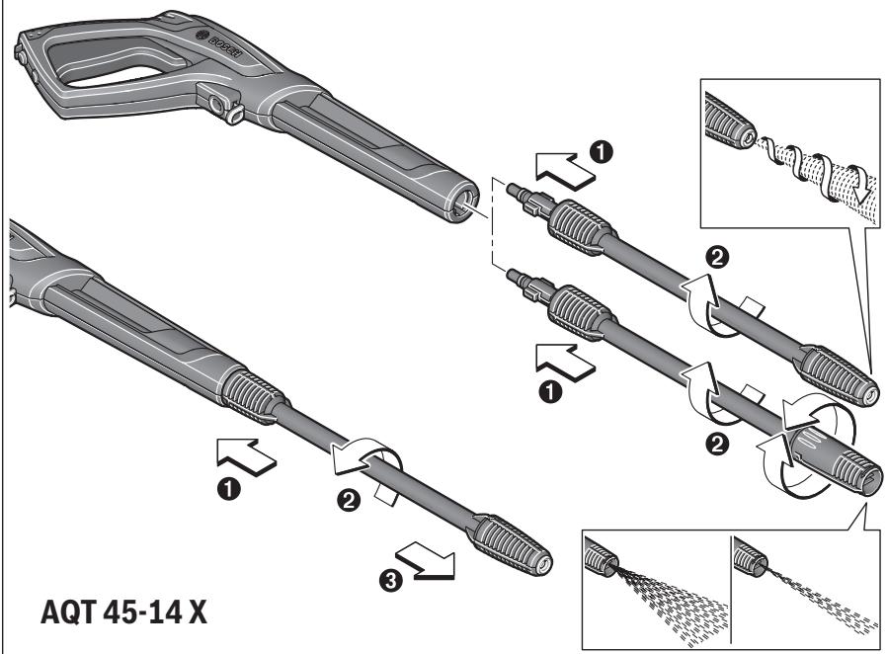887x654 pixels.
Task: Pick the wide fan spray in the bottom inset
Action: tap(657, 590)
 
